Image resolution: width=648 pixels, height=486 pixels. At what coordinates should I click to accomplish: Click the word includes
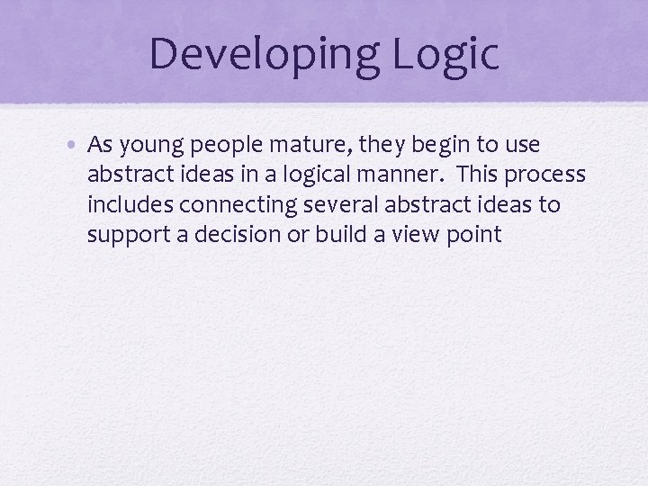point(130,204)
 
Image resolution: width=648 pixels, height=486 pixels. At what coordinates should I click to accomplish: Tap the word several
point(339,204)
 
